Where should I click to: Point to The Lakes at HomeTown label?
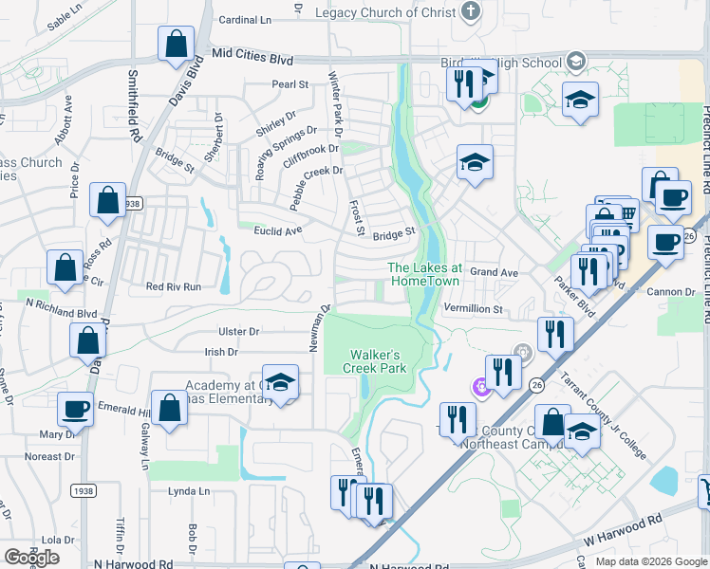point(424,274)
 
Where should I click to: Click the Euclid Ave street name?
point(277,229)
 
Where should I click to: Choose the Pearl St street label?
point(290,84)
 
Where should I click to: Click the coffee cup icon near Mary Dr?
point(75,410)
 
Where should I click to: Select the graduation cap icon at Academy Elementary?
point(280,382)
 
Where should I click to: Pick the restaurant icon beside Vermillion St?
point(554,334)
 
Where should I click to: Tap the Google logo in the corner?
point(30,557)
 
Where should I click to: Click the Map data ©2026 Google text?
point(651,561)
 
